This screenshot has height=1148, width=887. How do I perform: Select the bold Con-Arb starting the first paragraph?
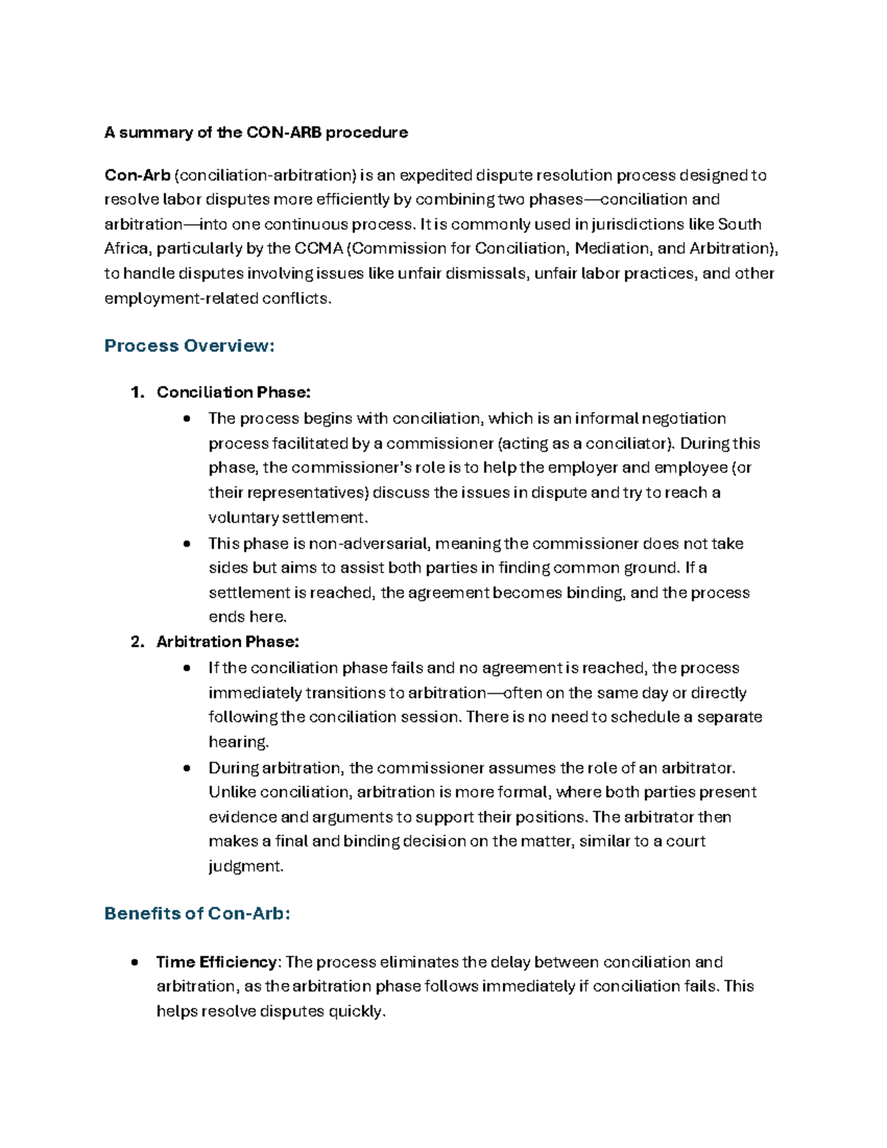[137, 175]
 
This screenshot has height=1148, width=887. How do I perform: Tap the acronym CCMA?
[318, 248]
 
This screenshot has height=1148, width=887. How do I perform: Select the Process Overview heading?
[189, 346]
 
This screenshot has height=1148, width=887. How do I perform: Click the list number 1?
[136, 393]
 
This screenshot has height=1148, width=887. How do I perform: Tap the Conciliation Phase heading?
[234, 393]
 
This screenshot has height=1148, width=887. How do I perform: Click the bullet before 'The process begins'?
[187, 419]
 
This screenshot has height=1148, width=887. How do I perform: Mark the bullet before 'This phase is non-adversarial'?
[187, 544]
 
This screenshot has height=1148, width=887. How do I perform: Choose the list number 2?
[136, 642]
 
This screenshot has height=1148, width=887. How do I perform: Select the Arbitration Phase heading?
[228, 642]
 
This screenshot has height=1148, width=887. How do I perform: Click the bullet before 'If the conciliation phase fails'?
[187, 668]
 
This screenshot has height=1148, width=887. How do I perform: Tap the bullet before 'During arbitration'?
[187, 768]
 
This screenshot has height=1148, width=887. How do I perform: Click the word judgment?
[245, 866]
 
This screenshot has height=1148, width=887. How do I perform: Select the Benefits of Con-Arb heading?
[197, 914]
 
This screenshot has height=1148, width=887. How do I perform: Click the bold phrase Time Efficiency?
[217, 962]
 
